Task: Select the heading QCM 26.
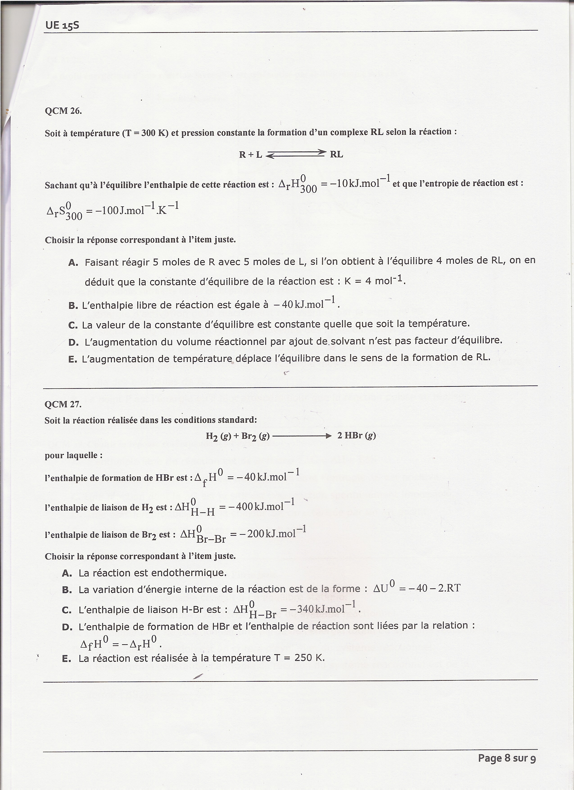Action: coord(63,111)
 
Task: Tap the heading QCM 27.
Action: coord(63,404)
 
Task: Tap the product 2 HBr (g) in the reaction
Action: coord(357,435)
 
